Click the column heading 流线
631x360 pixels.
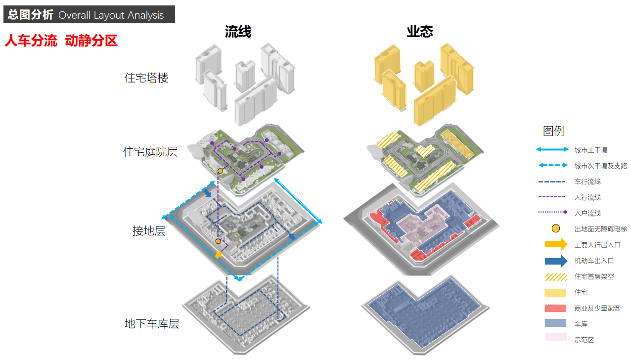tap(238, 32)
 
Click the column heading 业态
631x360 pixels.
tap(420, 32)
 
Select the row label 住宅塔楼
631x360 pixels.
tap(146, 78)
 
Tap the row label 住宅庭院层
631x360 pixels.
tap(150, 152)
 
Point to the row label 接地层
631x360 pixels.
tap(149, 231)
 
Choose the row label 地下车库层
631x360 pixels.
tap(152, 324)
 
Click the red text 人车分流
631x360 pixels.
tap(31, 41)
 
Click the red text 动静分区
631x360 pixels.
tap(91, 41)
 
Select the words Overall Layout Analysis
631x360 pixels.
tap(111, 15)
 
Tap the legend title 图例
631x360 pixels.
tap(554, 131)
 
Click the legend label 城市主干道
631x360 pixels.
tap(590, 150)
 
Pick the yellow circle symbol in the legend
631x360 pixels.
tap(556, 228)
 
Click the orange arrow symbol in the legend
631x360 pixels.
tap(556, 244)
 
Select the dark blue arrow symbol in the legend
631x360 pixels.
tap(556, 261)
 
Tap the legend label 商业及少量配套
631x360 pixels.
tap(597, 308)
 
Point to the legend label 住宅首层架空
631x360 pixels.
tap(594, 276)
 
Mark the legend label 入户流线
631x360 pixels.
tap(587, 213)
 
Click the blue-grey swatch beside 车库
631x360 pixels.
tap(556, 323)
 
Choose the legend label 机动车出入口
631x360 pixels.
tap(594, 261)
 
